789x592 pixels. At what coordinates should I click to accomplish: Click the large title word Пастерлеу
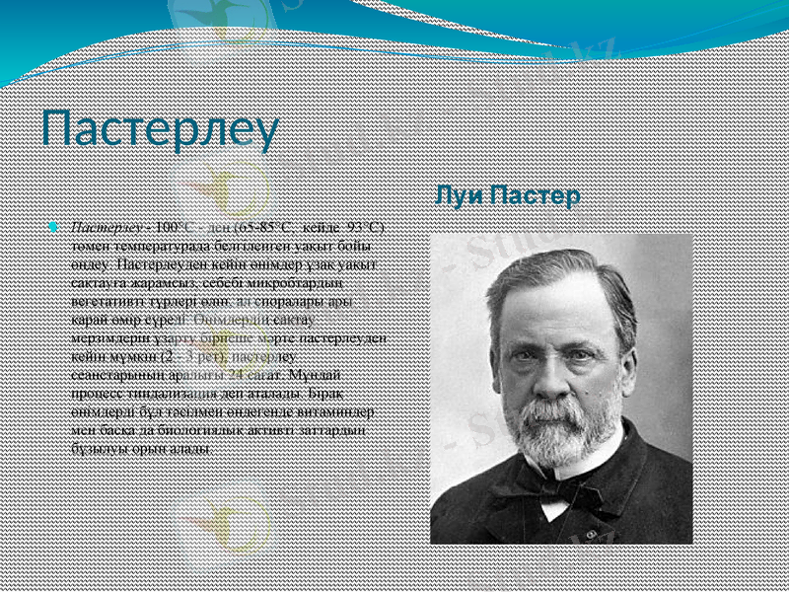160,132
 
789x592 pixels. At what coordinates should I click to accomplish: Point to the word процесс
91,394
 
